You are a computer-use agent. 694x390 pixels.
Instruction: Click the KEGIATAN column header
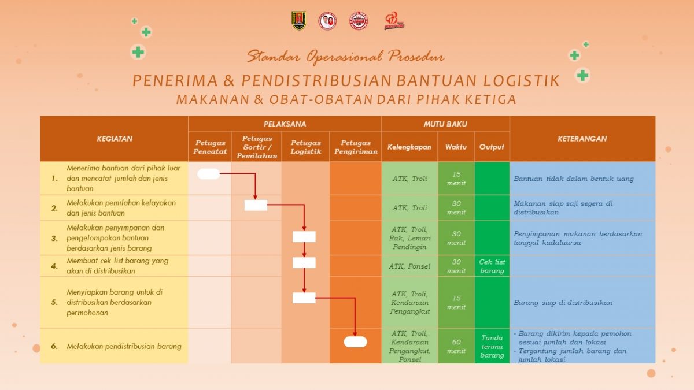tap(114, 139)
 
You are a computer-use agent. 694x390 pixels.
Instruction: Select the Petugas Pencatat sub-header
tap(210, 147)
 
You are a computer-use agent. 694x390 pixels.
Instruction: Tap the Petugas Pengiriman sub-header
tap(355, 147)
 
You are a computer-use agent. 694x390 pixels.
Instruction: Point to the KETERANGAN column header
tap(582, 139)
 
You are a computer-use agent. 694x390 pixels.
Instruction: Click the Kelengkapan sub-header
tap(409, 147)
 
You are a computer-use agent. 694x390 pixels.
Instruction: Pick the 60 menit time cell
tap(456, 346)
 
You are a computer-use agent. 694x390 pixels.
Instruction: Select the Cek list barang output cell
tap(492, 266)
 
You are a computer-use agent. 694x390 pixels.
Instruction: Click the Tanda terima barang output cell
tap(492, 346)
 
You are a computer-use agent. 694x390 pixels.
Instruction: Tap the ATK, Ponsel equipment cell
tap(409, 266)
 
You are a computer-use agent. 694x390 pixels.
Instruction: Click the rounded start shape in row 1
tap(208, 174)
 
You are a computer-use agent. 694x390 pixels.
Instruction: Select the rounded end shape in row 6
tap(355, 341)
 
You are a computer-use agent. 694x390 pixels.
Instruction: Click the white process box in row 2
tap(256, 205)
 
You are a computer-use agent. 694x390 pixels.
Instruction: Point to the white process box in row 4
tap(304, 263)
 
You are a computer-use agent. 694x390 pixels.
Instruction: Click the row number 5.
tap(54, 302)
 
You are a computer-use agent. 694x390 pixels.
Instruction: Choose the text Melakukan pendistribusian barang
tap(124, 346)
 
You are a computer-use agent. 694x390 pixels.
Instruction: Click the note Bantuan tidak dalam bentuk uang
tap(573, 179)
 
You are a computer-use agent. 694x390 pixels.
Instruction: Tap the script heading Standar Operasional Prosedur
tap(345, 57)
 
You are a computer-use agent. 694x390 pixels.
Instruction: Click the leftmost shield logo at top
tap(298, 21)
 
